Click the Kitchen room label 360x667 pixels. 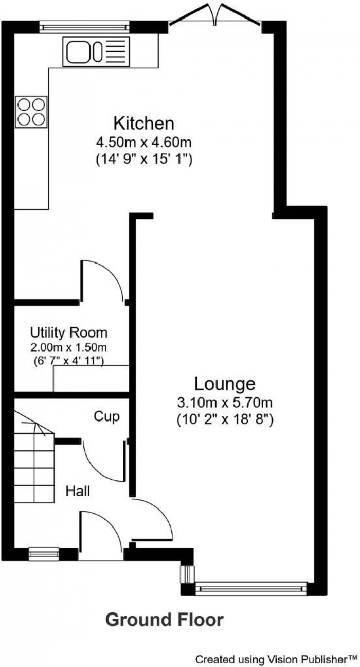[x=143, y=124]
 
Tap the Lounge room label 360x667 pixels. [x=225, y=384]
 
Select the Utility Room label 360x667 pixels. [x=69, y=332]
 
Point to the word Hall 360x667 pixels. [x=78, y=491]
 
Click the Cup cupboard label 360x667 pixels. [x=106, y=417]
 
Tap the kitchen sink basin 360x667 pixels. [x=79, y=52]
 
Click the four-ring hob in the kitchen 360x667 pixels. [x=31, y=112]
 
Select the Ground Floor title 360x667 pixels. [x=165, y=620]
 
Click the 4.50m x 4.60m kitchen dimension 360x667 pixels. [x=143, y=143]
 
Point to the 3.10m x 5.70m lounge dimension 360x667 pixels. [x=225, y=403]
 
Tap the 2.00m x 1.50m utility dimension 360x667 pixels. [x=68, y=347]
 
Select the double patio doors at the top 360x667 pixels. [x=215, y=16]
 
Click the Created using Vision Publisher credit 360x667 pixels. [x=276, y=658]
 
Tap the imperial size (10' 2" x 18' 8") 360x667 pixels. [x=225, y=420]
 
